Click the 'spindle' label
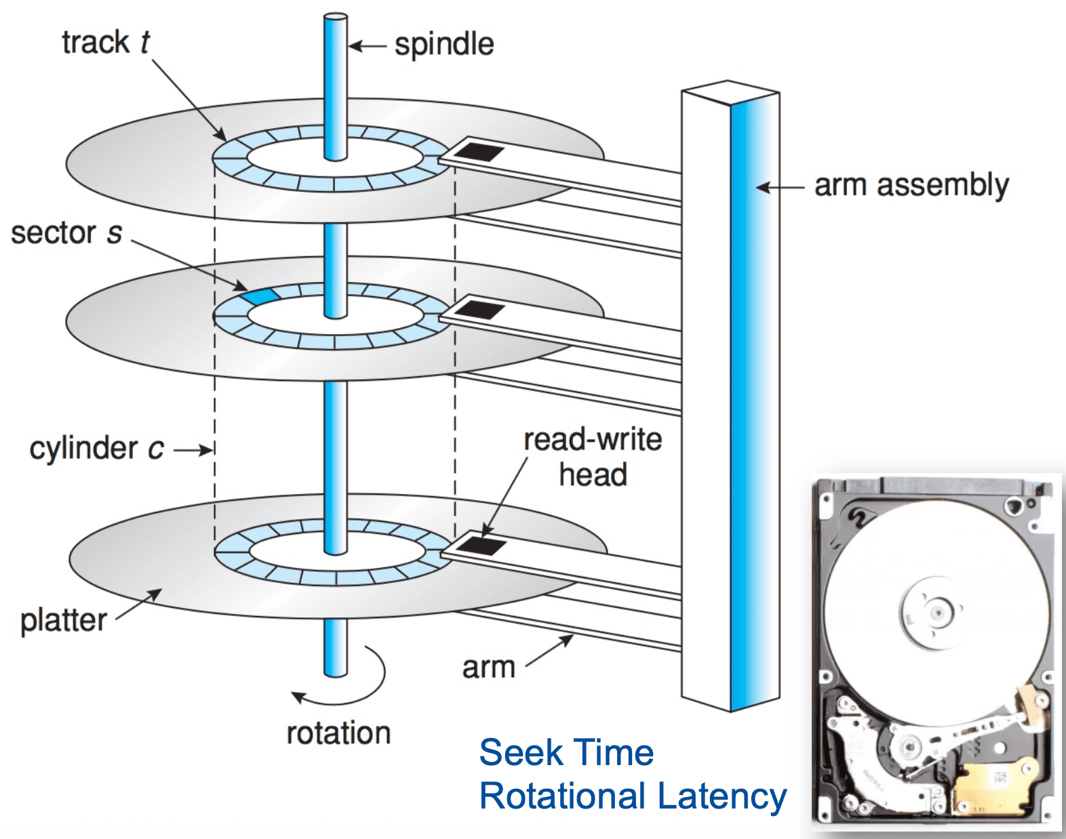(444, 45)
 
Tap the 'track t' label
(106, 41)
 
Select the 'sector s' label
(66, 232)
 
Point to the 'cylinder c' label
(96, 449)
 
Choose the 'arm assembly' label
(912, 186)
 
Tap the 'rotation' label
(339, 733)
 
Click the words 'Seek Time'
(566, 754)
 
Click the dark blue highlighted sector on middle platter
(261, 295)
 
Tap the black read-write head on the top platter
(479, 152)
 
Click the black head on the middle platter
(479, 309)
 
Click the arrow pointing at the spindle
(367, 47)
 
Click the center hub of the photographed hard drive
(936, 613)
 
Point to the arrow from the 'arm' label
(549, 651)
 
